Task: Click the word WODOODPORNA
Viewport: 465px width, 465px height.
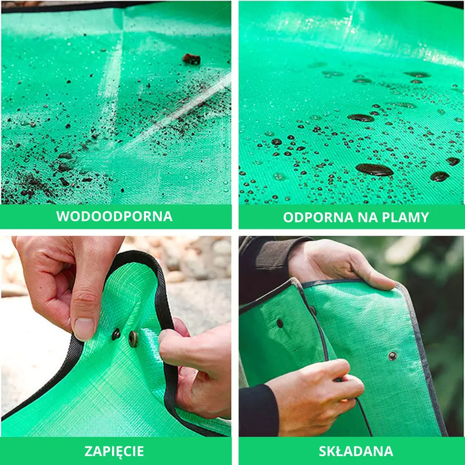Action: coord(114,216)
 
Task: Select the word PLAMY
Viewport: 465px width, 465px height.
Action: coord(405,217)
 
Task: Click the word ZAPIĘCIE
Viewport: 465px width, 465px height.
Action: coord(114,451)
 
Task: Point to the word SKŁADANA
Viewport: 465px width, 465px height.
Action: coord(356,451)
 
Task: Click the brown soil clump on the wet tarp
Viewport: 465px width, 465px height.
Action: coord(191,59)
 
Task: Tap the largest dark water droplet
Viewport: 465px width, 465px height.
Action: coord(374,170)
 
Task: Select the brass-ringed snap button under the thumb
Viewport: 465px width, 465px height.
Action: coord(133,339)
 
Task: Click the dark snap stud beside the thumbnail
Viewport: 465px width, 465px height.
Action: coord(116,334)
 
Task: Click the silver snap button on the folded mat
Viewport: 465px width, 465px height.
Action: coord(392,356)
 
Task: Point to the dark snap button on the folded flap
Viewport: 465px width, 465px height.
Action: coord(279,323)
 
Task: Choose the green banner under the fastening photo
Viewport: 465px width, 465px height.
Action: coord(116,451)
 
